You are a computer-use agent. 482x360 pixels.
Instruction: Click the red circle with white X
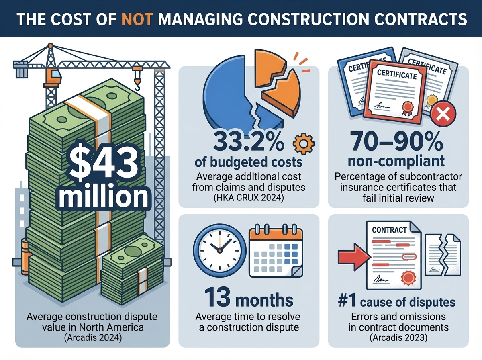pyautogui.click(x=442, y=115)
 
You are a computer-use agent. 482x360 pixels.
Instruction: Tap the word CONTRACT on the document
pyautogui.click(x=389, y=230)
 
